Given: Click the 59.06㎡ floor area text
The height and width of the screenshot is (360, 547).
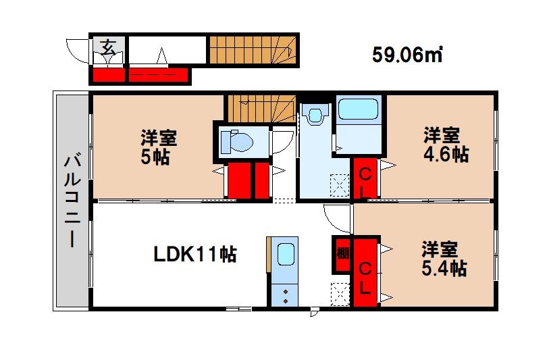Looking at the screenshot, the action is [x=407, y=55].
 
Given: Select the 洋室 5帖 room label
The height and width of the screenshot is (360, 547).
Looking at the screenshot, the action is [x=159, y=147].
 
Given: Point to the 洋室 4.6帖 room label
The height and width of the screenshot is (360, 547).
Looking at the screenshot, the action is [x=446, y=145].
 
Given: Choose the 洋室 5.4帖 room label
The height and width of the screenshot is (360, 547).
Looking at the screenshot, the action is [x=444, y=259].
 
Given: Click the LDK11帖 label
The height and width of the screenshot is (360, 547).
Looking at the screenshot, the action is [x=195, y=254].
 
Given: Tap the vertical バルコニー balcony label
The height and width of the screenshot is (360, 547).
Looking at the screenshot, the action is [x=72, y=202].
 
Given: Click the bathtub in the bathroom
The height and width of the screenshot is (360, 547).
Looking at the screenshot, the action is [x=359, y=109].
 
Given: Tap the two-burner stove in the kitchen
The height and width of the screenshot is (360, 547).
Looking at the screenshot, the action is [x=286, y=295].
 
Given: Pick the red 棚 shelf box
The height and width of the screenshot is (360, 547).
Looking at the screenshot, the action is [x=342, y=254].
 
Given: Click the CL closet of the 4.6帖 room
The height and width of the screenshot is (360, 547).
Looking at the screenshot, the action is [x=365, y=178].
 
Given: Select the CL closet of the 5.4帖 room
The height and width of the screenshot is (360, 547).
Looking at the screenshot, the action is [x=365, y=272].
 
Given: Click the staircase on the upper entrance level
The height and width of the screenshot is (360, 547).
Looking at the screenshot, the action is [x=253, y=50].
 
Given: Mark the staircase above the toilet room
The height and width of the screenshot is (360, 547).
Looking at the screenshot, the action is [x=261, y=108].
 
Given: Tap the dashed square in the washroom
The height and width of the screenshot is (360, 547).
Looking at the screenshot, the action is [x=340, y=185].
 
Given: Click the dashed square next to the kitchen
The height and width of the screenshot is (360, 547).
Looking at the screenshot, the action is [x=340, y=294].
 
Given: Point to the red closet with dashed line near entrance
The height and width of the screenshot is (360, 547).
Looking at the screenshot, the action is [x=158, y=75].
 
